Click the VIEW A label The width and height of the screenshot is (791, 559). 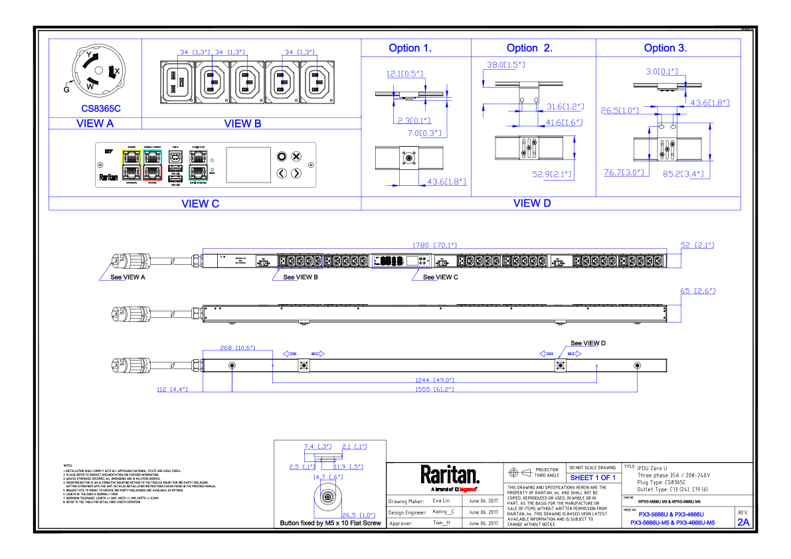click(95, 123)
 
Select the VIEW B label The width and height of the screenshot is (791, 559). click(242, 123)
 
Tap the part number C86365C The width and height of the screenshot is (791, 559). click(101, 108)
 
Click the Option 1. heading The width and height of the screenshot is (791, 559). click(410, 48)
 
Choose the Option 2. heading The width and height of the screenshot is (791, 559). click(529, 48)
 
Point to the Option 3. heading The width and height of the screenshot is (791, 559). click(665, 48)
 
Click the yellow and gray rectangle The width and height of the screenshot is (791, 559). click(132, 165)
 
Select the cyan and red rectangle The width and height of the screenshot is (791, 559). click(153, 165)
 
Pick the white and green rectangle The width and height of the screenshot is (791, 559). click(199, 165)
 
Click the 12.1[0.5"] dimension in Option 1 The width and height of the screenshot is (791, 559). click(405, 74)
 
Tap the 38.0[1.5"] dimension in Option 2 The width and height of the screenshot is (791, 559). click(505, 65)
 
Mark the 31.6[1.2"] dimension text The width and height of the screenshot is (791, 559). click(565, 107)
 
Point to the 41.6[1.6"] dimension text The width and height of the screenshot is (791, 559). click(563, 123)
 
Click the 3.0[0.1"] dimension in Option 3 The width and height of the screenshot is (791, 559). click(661, 72)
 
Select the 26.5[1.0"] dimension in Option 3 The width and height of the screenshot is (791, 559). click(620, 111)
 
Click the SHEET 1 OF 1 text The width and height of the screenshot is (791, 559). click(592, 478)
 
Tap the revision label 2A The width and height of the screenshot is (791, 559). click(743, 522)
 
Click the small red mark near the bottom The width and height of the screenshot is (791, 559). click(468, 489)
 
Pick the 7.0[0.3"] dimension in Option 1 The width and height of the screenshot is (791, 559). click(424, 133)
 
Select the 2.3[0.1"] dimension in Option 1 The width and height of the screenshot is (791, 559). click(414, 121)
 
